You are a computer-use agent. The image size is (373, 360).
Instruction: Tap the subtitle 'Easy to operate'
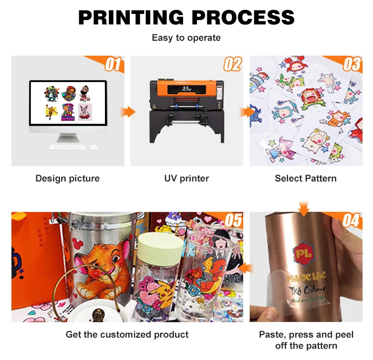pyautogui.click(x=186, y=38)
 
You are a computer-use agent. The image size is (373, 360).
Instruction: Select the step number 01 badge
pyautogui.click(x=112, y=64)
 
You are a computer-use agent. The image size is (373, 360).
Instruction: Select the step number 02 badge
pyautogui.click(x=232, y=64)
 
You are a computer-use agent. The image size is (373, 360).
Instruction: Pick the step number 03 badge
pyautogui.click(x=352, y=64)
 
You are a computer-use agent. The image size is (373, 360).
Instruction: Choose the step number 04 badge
pyautogui.click(x=351, y=220)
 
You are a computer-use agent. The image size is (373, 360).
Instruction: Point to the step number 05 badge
pyautogui.click(x=233, y=220)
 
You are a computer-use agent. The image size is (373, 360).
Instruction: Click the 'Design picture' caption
pyautogui.click(x=68, y=178)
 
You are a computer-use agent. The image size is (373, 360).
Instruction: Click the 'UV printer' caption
pyautogui.click(x=186, y=178)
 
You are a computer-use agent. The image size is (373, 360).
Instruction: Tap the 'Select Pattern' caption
pyautogui.click(x=305, y=178)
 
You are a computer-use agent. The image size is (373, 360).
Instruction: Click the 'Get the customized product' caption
pyautogui.click(x=127, y=334)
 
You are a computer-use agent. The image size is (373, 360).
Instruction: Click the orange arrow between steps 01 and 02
pyautogui.click(x=128, y=111)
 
